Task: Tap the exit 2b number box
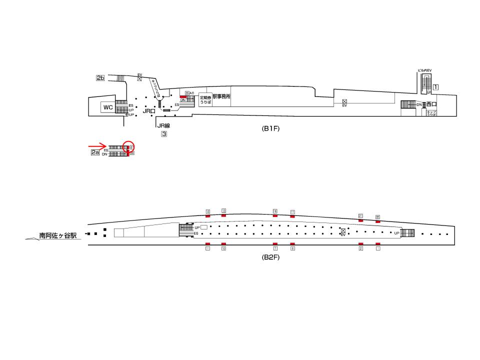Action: [x=100, y=78]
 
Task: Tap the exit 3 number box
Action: [x=163, y=133]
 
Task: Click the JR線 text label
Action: [x=163, y=126]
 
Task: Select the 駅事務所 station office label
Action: [x=221, y=96]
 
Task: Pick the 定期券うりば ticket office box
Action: [x=205, y=99]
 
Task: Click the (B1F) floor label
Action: [x=270, y=128]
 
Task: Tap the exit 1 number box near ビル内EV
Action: [x=435, y=86]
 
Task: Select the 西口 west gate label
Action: [x=431, y=104]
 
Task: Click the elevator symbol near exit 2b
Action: [x=140, y=78]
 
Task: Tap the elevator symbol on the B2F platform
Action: [x=343, y=231]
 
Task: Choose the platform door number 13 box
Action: [x=224, y=211]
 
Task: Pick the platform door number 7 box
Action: [x=275, y=248]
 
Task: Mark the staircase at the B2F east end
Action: [x=408, y=233]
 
